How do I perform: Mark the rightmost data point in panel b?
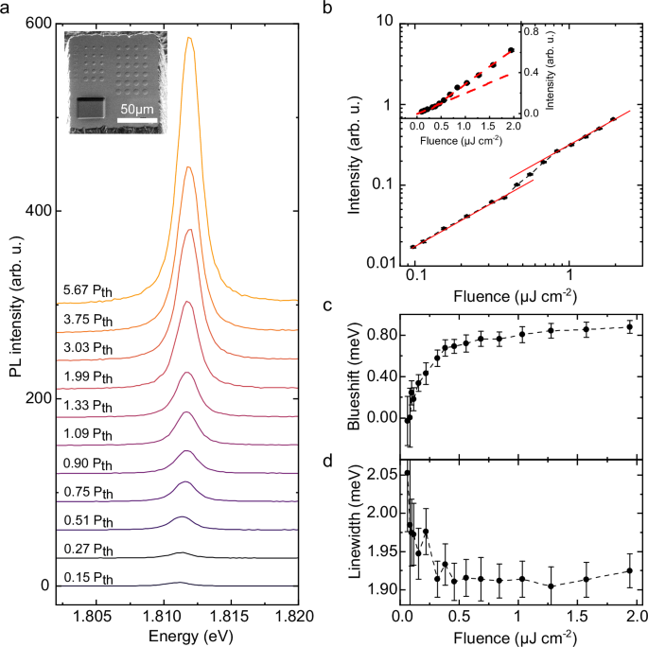pos(613,119)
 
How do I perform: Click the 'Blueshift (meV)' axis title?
pos(360,377)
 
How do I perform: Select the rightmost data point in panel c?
pos(629,327)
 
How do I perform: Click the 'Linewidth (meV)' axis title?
pos(360,532)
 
